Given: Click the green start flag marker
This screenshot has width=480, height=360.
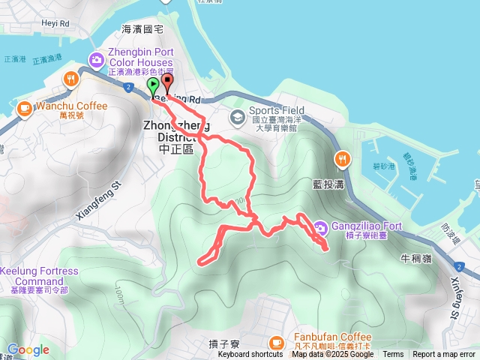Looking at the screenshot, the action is (x=153, y=85).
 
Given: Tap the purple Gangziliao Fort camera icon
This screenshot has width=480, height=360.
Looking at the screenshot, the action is (x=320, y=226).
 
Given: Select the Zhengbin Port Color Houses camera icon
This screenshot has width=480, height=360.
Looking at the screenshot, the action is (x=97, y=58).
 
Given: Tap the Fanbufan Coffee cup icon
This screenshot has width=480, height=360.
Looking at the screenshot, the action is (x=277, y=343).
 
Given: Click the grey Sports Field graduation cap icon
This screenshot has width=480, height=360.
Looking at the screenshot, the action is (x=237, y=116).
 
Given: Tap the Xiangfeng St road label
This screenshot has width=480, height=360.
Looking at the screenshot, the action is (x=98, y=199).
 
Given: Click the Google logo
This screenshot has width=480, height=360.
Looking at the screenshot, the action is (x=28, y=349).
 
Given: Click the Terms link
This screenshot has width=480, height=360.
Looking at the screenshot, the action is (x=393, y=355).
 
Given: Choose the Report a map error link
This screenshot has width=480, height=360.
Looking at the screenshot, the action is (x=444, y=355).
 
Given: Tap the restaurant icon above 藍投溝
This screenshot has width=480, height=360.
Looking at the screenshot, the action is (x=342, y=157).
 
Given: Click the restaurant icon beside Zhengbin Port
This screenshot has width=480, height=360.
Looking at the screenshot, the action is (x=71, y=78).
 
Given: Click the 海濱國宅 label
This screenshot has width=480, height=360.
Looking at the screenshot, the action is (x=142, y=28).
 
